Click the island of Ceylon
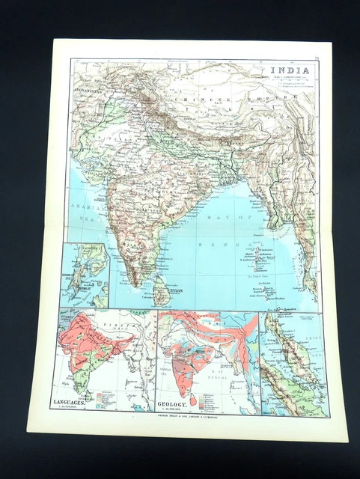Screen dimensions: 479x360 [160, 290]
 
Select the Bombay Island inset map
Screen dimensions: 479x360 [85, 275]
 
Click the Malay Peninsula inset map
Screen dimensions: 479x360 [293, 364]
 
